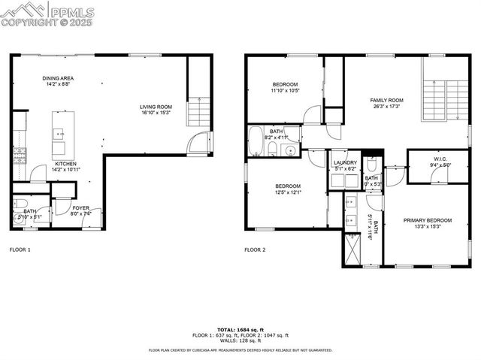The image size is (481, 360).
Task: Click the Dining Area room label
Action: pyautogui.click(x=58, y=78)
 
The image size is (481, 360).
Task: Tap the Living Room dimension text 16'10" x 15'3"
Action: pyautogui.click(x=156, y=113)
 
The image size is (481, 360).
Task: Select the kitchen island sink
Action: pyautogui.click(x=58, y=134)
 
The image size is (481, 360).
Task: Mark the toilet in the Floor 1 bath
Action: pyautogui.click(x=21, y=204)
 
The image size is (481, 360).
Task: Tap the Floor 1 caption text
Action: pyautogui.click(x=20, y=249)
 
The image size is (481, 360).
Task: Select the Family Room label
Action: pyautogui.click(x=386, y=100)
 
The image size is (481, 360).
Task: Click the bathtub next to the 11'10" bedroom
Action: pyautogui.click(x=256, y=141)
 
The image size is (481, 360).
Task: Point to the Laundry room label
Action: pyautogui.click(x=345, y=162)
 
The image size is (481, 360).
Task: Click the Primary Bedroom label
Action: pyautogui.click(x=427, y=220)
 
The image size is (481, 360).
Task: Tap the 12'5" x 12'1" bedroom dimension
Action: pyautogui.click(x=287, y=192)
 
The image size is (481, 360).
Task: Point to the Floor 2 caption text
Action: pyautogui.click(x=256, y=249)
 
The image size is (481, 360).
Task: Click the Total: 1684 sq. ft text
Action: pyautogui.click(x=240, y=329)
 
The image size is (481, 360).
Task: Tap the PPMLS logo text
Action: pyautogui.click(x=71, y=11)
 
